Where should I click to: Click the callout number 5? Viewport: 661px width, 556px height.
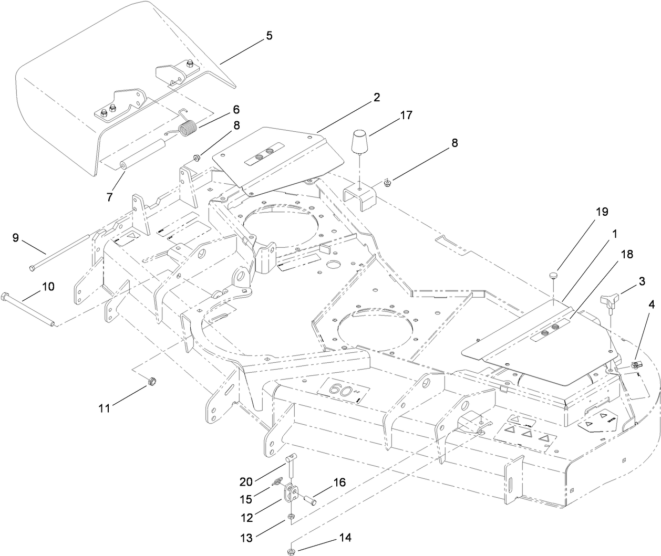(268, 36)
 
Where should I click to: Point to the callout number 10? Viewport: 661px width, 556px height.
(48, 286)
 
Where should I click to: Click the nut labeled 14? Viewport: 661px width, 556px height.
(290, 551)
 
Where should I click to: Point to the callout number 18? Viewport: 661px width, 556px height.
(626, 254)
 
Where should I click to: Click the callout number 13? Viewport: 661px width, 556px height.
(246, 537)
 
